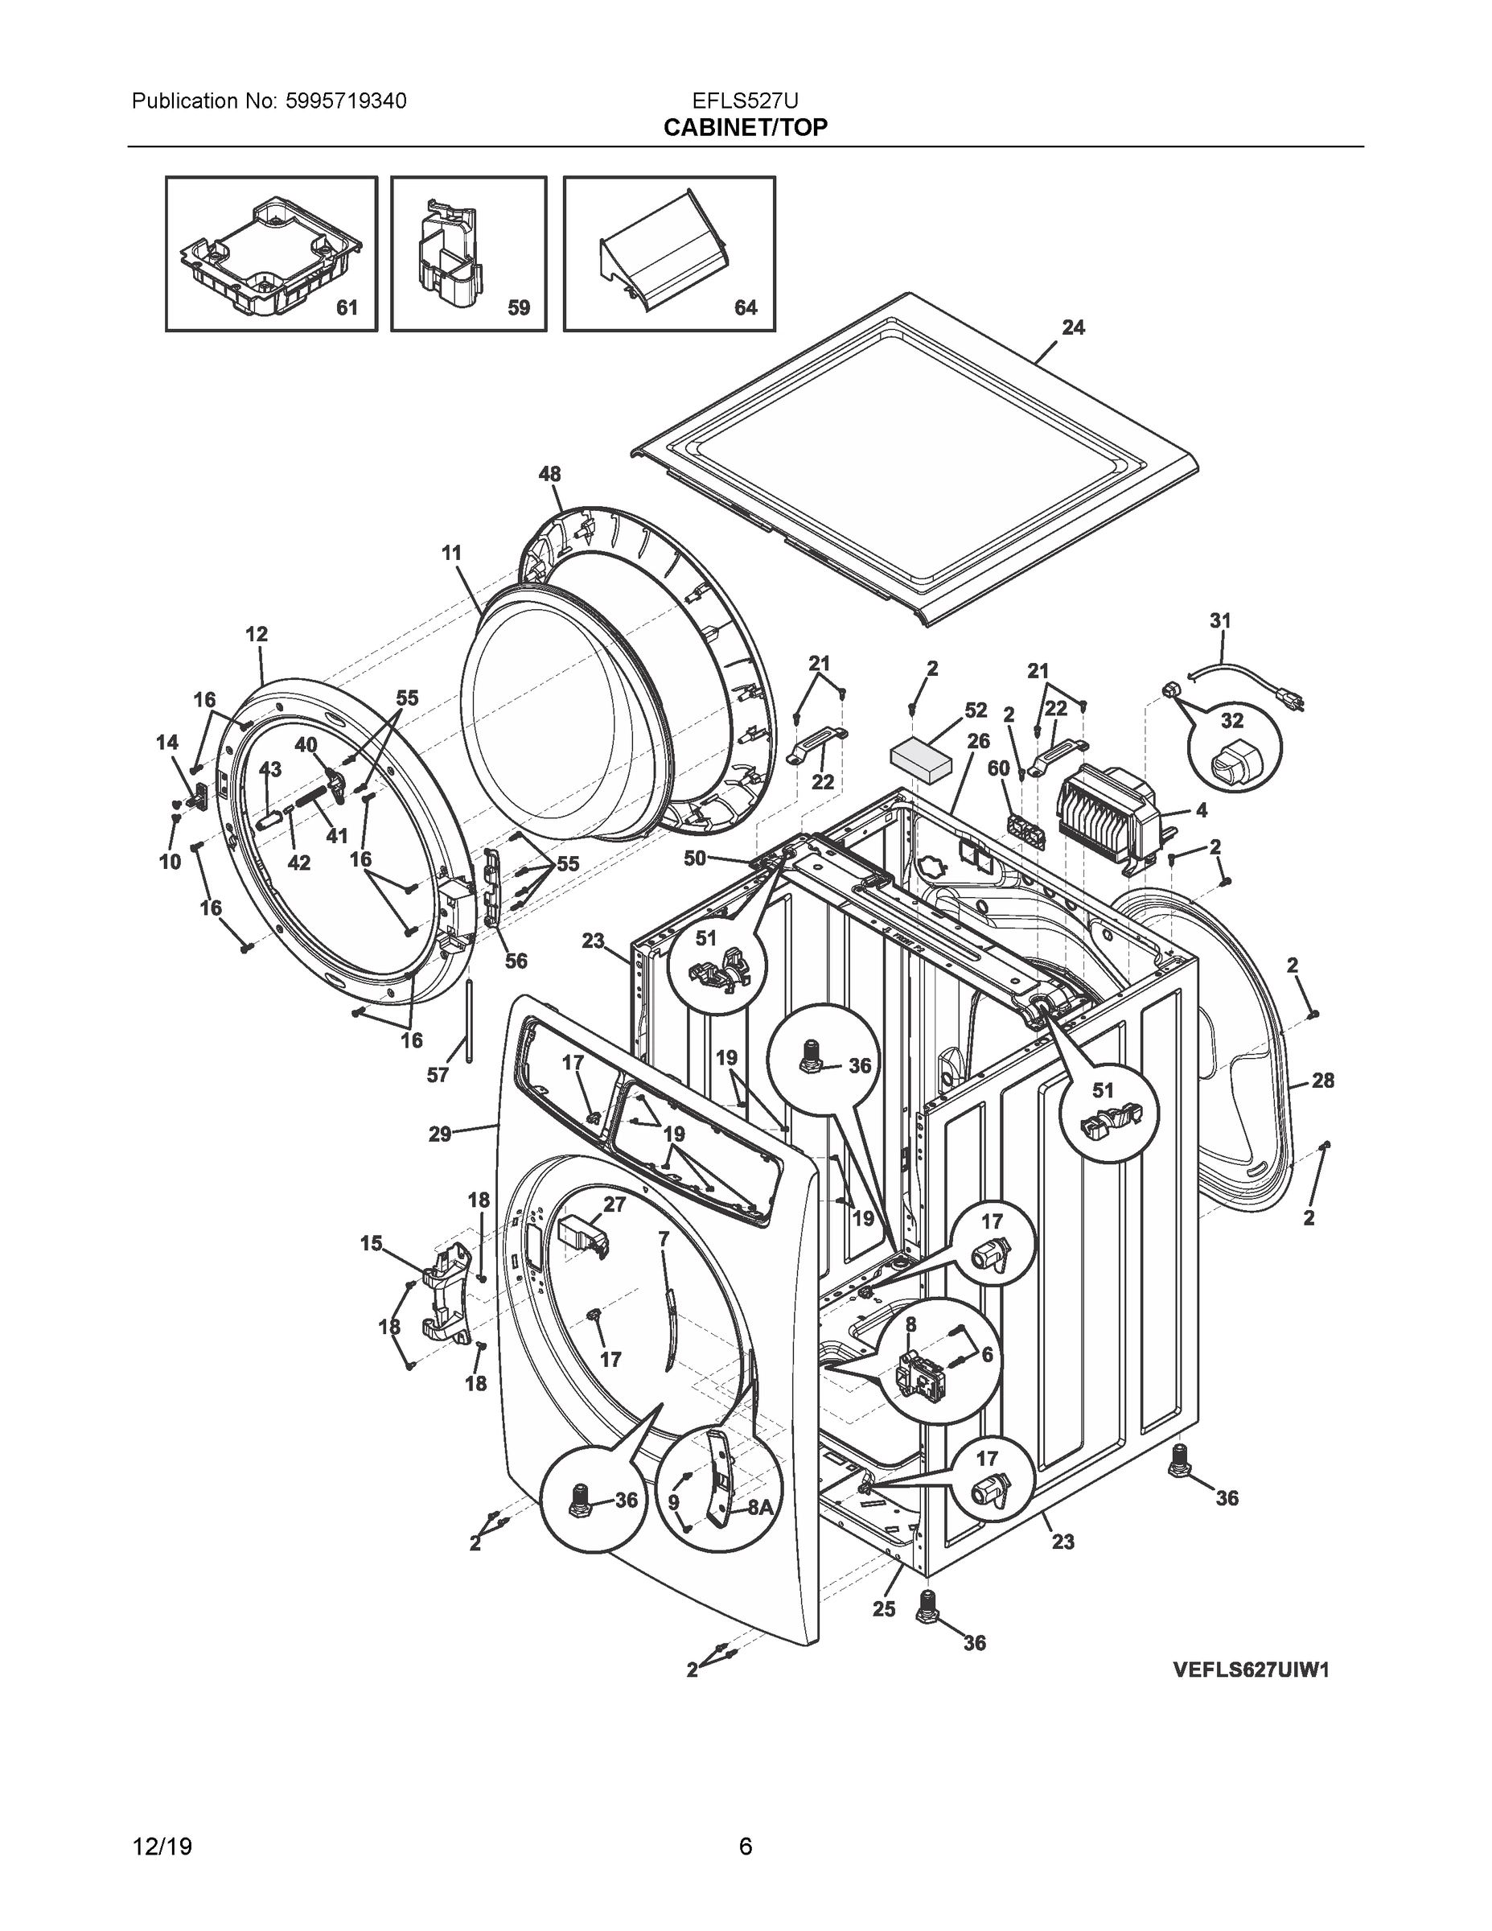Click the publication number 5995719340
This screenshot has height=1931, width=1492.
tap(346, 101)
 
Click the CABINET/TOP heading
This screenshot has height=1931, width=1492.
tap(745, 128)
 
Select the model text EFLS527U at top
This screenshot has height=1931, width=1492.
tap(745, 101)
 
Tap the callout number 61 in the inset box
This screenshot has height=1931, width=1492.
tap(347, 307)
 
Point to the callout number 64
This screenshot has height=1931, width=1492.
tap(746, 307)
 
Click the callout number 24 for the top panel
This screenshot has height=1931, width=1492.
tap(1073, 328)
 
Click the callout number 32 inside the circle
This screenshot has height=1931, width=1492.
tap(1232, 721)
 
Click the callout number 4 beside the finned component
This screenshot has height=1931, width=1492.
tap(1200, 810)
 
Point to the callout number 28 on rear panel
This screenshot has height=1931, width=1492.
tap(1322, 1081)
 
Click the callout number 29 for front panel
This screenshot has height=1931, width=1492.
tap(440, 1134)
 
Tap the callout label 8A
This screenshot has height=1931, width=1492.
tap(760, 1509)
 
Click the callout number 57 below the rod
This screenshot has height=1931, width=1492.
tap(438, 1075)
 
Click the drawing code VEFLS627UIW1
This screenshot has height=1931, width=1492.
tap(1251, 1670)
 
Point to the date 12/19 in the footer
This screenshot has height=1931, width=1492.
tap(162, 1847)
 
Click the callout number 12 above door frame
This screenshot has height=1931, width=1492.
tap(257, 634)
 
